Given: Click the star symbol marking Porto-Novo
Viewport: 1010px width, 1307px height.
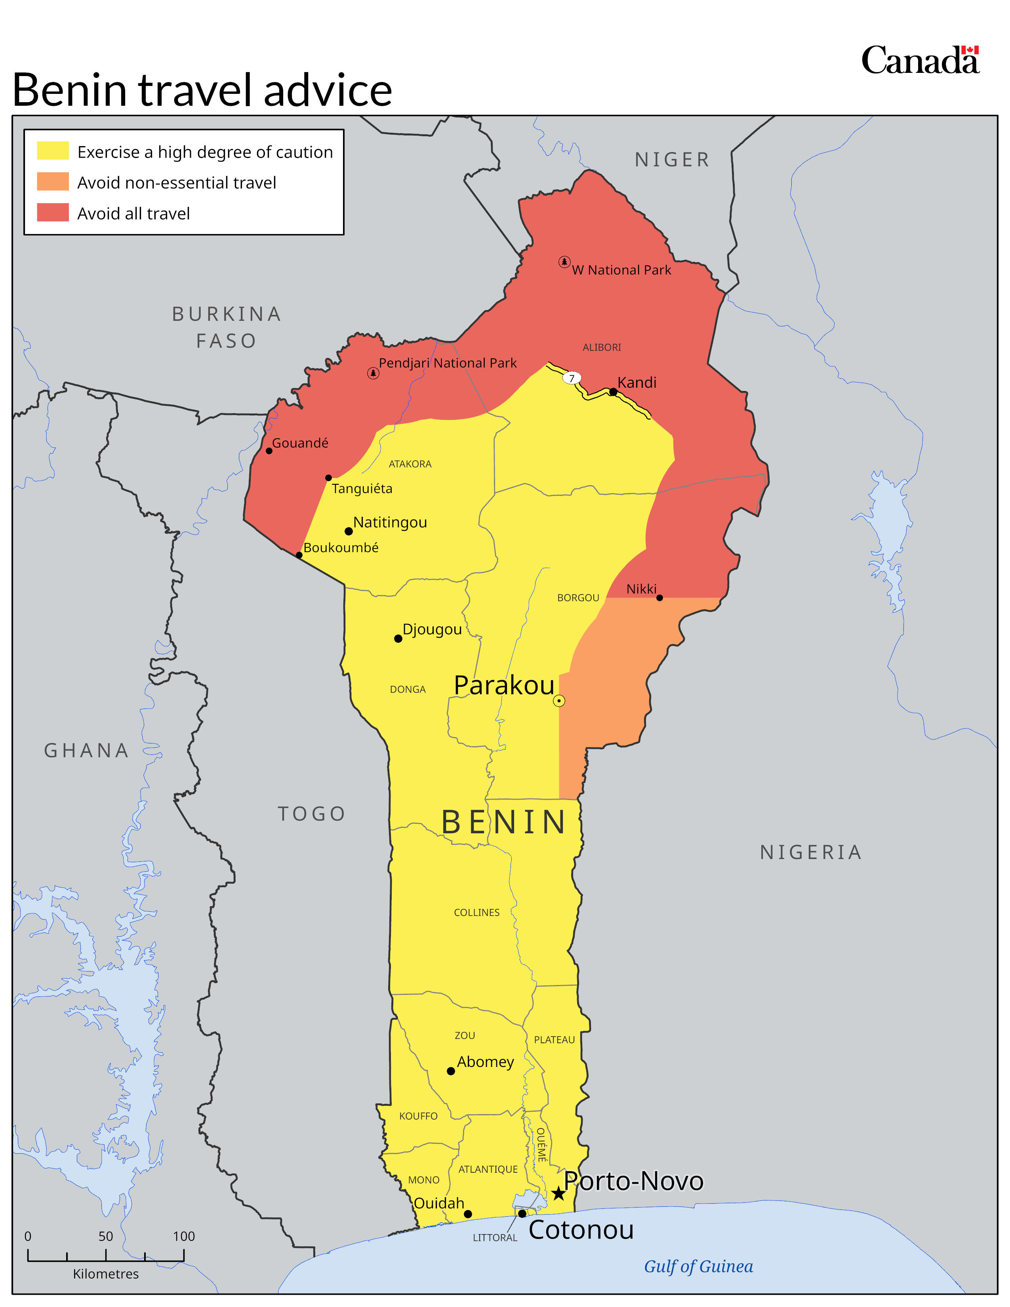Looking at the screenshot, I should [x=558, y=1194].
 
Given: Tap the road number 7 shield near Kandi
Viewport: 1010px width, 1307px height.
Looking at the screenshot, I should [x=572, y=378].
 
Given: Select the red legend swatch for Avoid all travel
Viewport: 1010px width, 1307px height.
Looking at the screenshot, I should [x=53, y=212].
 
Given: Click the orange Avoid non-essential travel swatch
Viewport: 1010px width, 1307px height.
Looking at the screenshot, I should [x=53, y=182].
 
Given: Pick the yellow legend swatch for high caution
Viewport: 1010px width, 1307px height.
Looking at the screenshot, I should [x=53, y=151].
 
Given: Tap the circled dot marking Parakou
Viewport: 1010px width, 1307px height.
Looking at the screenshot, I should [x=559, y=701].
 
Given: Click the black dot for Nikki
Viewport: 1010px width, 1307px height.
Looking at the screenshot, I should [x=659, y=598].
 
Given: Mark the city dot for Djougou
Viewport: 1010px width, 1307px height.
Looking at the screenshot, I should [x=398, y=638].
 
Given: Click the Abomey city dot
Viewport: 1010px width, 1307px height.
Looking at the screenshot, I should [x=451, y=1071].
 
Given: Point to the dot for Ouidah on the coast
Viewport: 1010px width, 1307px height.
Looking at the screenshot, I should [x=468, y=1214].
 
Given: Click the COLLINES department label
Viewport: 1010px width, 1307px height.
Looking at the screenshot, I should [x=476, y=913].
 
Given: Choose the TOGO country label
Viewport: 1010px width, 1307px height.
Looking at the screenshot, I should [x=311, y=814].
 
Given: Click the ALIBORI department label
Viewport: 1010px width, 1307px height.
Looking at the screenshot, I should [x=601, y=347].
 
